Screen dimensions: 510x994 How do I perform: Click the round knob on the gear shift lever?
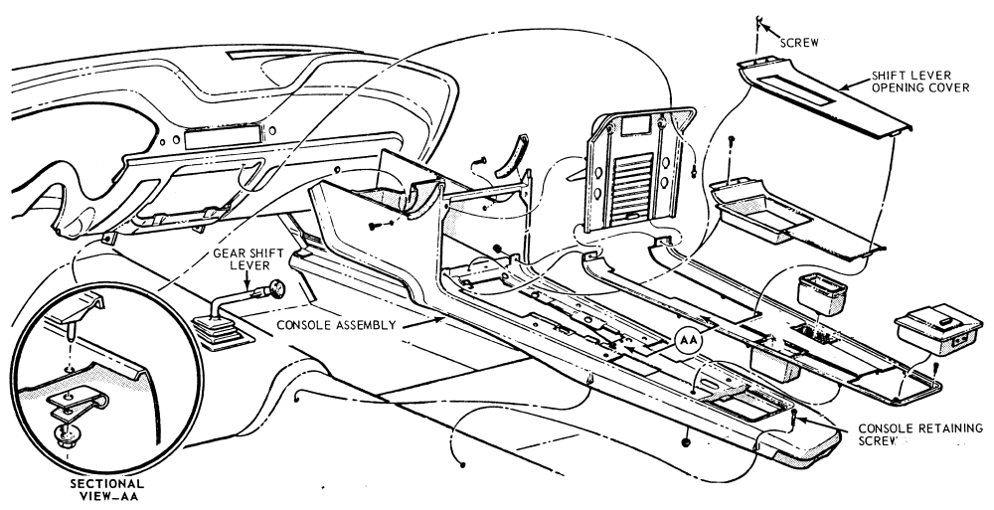pos(275,291)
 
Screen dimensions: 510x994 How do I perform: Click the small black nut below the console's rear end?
pos(687,440)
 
